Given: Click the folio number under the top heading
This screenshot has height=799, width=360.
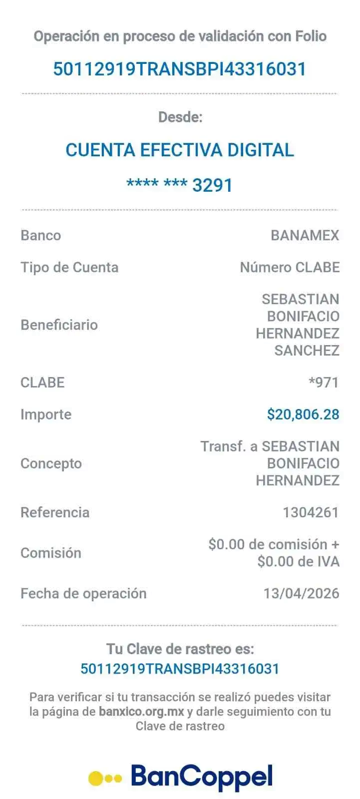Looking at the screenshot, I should (x=180, y=68).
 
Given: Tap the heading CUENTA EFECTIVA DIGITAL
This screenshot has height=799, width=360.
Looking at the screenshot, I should (x=180, y=150).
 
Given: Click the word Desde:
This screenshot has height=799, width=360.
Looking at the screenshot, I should (x=180, y=117).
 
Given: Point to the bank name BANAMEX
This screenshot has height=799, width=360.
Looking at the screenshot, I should (x=305, y=235).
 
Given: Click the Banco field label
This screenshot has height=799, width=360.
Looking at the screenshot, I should (x=41, y=235).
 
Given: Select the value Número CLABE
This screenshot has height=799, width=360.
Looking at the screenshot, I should (x=290, y=267).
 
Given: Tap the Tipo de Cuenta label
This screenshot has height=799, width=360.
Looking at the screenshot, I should (x=69, y=267).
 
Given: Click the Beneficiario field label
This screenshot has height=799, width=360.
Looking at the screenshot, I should (x=59, y=325).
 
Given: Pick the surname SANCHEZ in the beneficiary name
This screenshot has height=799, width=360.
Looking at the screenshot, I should (x=307, y=351).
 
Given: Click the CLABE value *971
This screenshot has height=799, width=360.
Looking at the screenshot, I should (x=324, y=383).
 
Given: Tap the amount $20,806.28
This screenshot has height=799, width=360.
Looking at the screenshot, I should (x=303, y=414).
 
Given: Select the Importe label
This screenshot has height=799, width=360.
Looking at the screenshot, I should (x=45, y=414).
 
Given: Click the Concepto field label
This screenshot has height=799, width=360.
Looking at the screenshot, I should (x=51, y=463).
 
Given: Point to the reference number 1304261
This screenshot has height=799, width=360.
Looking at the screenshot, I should (x=311, y=512).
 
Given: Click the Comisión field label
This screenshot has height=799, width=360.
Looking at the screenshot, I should (x=51, y=553).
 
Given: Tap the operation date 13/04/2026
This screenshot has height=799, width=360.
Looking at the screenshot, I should (x=302, y=593).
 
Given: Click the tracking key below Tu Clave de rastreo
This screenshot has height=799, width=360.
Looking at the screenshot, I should (x=180, y=668).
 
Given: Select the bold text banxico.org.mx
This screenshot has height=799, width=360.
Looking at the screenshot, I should (x=141, y=711).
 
